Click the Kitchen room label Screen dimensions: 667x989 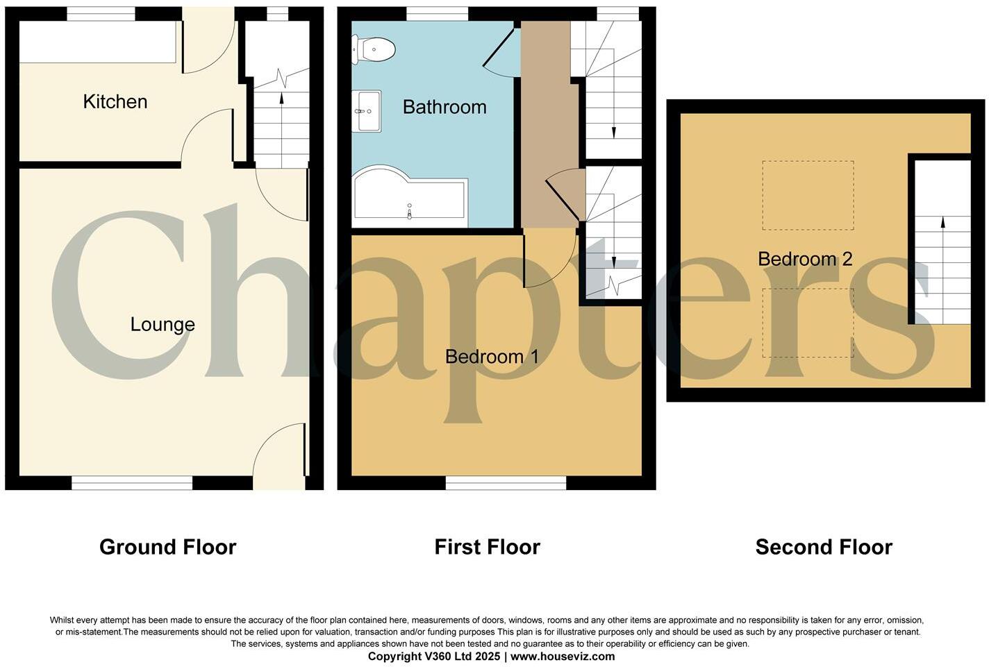tap(115, 102)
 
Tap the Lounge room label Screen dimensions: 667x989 tap(163, 325)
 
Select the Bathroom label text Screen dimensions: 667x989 tap(444, 108)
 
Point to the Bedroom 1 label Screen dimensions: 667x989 tap(492, 357)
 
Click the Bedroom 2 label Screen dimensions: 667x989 tap(805, 260)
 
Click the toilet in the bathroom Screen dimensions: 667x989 tap(375, 49)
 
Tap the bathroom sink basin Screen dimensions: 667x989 tap(366, 111)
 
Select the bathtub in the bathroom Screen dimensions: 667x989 tap(408, 197)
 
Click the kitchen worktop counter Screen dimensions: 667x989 tap(97, 42)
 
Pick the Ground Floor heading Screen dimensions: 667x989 tap(168, 547)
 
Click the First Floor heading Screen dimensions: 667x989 tap(487, 547)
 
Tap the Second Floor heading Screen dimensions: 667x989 tap(824, 547)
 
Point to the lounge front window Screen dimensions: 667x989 tap(132, 483)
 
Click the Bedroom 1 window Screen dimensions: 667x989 tap(506, 483)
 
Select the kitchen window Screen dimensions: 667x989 tap(101, 13)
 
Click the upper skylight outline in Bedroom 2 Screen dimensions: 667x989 tap(808, 195)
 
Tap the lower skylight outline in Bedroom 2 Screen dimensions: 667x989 tap(808, 323)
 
